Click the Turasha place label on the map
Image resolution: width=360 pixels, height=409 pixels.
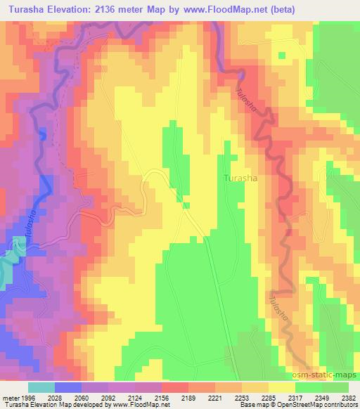point(240,178)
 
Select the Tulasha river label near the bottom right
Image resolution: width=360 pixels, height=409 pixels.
point(278,311)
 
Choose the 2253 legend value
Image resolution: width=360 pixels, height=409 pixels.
point(243,398)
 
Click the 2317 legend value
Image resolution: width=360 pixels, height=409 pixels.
point(292,398)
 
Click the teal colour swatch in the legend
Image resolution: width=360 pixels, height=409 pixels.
point(42,387)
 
